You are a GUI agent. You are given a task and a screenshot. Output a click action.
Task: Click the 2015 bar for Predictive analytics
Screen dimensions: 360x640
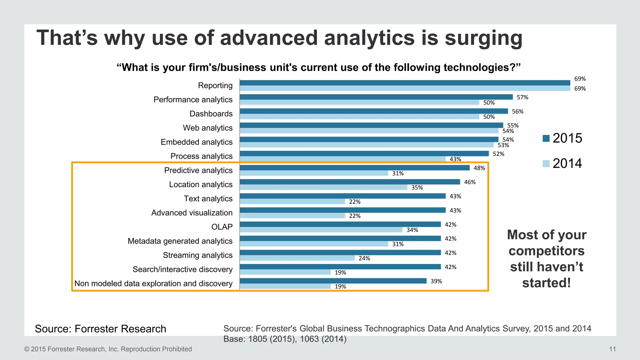pyautogui.click(x=355, y=168)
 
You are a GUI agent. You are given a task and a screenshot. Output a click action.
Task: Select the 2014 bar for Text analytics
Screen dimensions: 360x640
pyautogui.click(x=292, y=202)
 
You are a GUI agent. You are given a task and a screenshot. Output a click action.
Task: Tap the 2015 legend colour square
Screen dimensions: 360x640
pyautogui.click(x=546, y=138)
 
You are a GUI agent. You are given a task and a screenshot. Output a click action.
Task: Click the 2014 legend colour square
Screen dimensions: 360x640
pyautogui.click(x=546, y=163)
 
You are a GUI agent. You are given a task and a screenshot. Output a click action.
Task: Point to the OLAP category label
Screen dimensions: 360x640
pyautogui.click(x=222, y=227)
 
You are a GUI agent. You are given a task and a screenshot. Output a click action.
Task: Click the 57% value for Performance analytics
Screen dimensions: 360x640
pyautogui.click(x=522, y=97)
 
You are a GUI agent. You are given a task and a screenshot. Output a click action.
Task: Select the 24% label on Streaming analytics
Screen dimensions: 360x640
pyautogui.click(x=364, y=258)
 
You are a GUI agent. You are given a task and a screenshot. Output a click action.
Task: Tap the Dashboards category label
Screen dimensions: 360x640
pyautogui.click(x=211, y=114)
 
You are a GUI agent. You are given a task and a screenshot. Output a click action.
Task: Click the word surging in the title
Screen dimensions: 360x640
pyautogui.click(x=483, y=38)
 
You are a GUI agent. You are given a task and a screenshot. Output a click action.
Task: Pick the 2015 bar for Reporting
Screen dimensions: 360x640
pyautogui.click(x=405, y=83)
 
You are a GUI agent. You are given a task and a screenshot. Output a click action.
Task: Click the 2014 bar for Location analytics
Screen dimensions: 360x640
pyautogui.click(x=323, y=187)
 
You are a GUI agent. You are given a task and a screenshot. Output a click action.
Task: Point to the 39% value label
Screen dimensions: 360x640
pyautogui.click(x=436, y=281)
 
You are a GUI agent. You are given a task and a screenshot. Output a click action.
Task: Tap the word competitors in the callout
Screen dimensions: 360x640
pyautogui.click(x=547, y=251)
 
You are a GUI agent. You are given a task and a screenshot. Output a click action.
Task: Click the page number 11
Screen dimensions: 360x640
pyautogui.click(x=612, y=349)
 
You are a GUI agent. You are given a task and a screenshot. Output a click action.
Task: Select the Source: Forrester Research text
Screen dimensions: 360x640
pyautogui.click(x=100, y=329)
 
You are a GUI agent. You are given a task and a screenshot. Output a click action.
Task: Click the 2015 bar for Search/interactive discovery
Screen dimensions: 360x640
pyautogui.click(x=340, y=267)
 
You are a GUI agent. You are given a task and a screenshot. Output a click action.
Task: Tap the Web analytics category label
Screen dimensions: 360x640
pyautogui.click(x=207, y=128)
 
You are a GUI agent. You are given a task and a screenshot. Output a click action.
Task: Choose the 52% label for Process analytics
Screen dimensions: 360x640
pyautogui.click(x=498, y=154)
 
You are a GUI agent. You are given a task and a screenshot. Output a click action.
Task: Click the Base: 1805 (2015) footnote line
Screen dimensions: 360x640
pyautogui.click(x=285, y=339)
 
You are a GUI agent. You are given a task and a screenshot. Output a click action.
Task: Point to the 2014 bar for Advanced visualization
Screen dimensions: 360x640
pyautogui.click(x=292, y=216)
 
